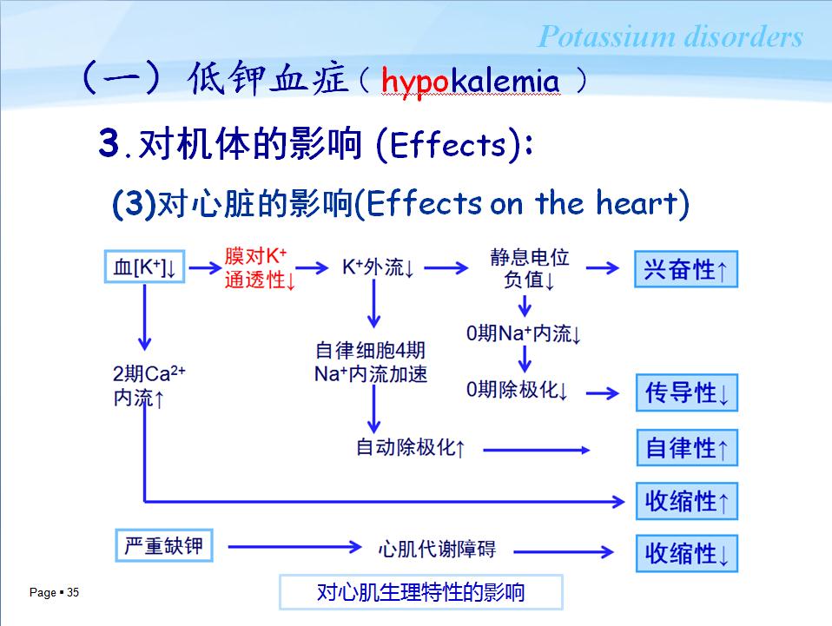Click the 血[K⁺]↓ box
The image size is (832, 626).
pyautogui.click(x=145, y=268)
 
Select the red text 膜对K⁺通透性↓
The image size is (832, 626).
pyautogui.click(x=260, y=268)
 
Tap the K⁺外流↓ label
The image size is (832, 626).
pyautogui.click(x=377, y=267)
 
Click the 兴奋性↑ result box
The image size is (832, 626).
pyautogui.click(x=685, y=269)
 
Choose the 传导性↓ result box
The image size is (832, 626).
pyautogui.click(x=686, y=392)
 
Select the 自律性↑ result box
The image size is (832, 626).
pyautogui.click(x=686, y=448)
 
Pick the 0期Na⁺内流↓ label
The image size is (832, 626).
pyautogui.click(x=523, y=333)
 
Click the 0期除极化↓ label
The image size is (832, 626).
pyautogui.click(x=517, y=391)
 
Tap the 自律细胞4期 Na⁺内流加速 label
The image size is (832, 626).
pyautogui.click(x=371, y=363)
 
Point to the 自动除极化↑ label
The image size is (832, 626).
pyautogui.click(x=411, y=448)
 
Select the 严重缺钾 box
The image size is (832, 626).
pyautogui.click(x=163, y=545)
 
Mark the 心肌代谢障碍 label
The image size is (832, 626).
pyautogui.click(x=437, y=549)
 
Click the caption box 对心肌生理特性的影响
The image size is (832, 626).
pyautogui.click(x=420, y=592)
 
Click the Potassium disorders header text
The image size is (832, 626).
pyautogui.click(x=670, y=37)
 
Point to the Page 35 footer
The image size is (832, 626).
pyautogui.click(x=54, y=593)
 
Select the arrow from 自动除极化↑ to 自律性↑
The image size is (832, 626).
pyautogui.click(x=536, y=450)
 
